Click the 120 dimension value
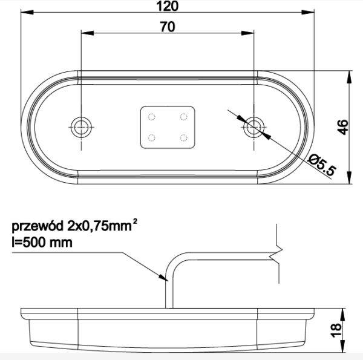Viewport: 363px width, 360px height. click(x=168, y=6)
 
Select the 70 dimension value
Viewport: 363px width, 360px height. click(x=168, y=27)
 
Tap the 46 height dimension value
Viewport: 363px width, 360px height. click(x=342, y=127)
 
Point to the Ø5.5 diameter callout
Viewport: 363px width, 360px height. click(x=322, y=165)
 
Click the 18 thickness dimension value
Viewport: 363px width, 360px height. click(x=336, y=330)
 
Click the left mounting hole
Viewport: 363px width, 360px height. click(x=81, y=127)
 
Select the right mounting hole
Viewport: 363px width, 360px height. click(x=253, y=127)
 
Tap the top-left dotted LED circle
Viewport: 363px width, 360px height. click(x=151, y=117)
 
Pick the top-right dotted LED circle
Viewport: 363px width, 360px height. click(x=183, y=117)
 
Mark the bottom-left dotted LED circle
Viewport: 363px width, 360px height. click(x=151, y=138)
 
